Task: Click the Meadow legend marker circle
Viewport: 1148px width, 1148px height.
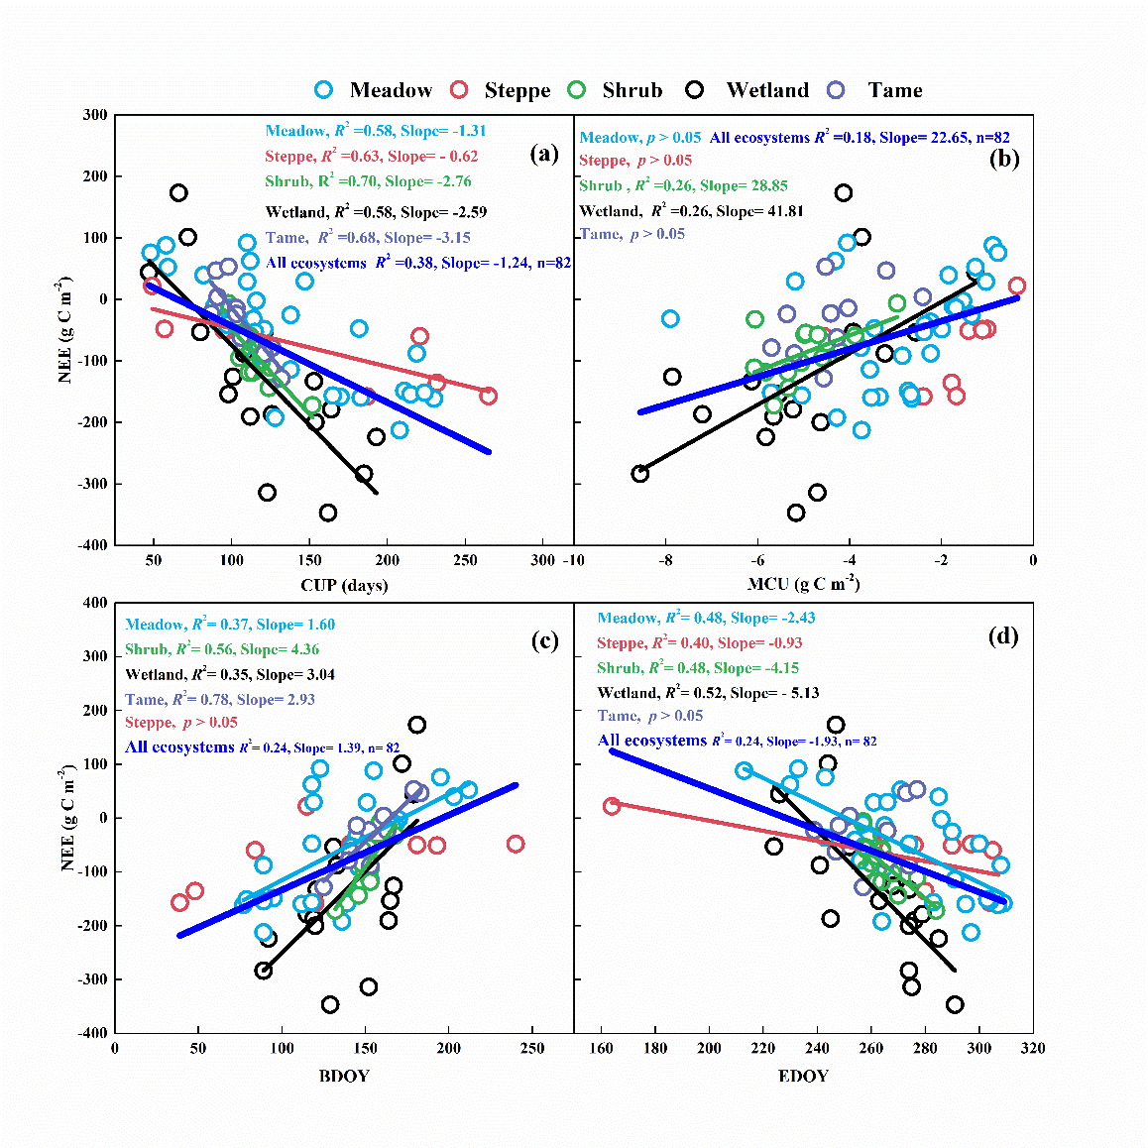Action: (323, 90)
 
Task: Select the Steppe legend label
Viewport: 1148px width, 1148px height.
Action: (517, 91)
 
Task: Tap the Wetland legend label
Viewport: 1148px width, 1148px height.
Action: (766, 90)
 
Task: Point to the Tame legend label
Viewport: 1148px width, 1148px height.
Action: (894, 90)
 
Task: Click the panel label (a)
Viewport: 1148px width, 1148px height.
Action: (544, 154)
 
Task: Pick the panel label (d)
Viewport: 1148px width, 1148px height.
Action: (1003, 636)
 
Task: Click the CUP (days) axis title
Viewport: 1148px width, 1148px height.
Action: (344, 585)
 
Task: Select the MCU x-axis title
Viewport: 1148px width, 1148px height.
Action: (803, 584)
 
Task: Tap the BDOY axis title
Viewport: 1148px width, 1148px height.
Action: (344, 1076)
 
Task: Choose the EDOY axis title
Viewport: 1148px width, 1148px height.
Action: (803, 1076)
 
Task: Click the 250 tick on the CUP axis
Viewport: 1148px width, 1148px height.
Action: (465, 560)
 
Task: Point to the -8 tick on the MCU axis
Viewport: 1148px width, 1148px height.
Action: (665, 560)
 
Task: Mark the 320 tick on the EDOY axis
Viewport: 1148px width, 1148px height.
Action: (1032, 1049)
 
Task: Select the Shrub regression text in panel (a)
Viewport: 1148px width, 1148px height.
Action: (368, 181)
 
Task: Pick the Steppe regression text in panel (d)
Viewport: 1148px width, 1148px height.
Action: (699, 642)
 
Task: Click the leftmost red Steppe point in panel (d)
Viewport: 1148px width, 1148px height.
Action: (612, 806)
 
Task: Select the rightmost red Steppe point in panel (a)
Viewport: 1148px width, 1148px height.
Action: (488, 396)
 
